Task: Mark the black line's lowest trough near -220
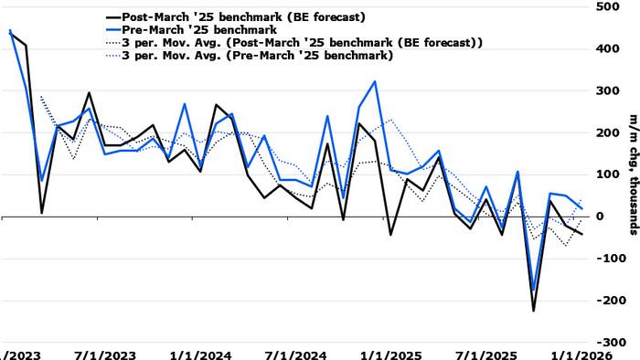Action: coord(534,311)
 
